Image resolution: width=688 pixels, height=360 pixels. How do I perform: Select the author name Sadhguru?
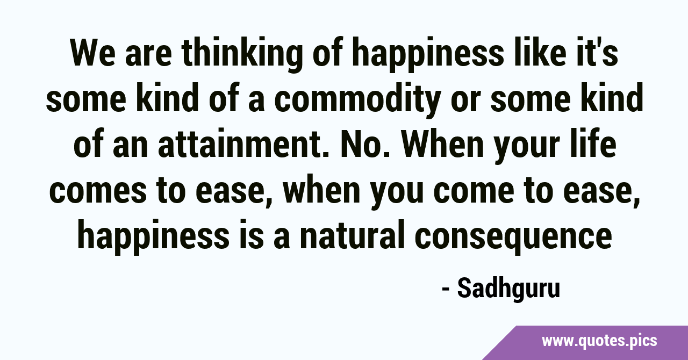point(508,289)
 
